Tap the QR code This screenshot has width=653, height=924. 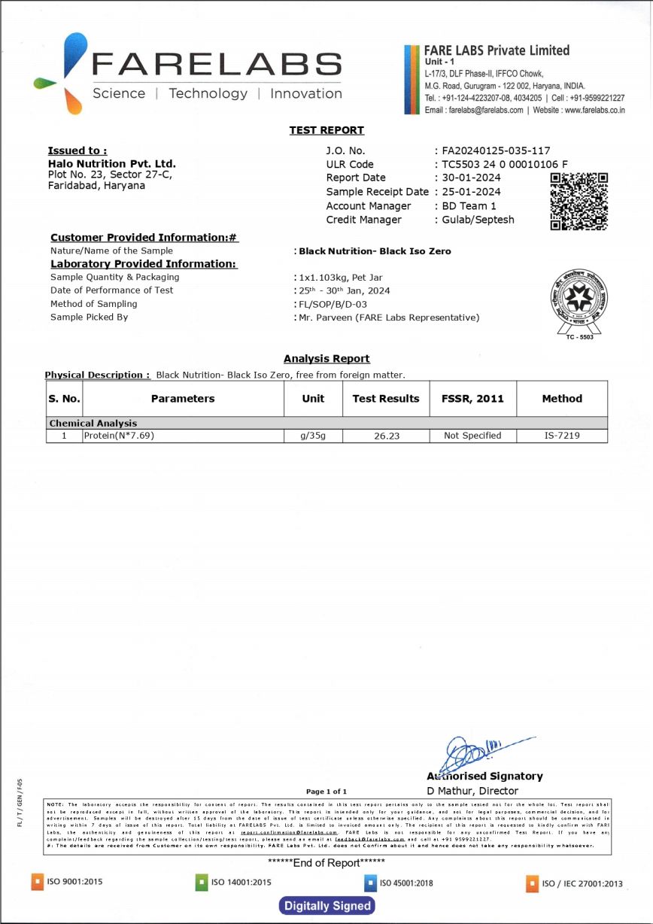(579, 201)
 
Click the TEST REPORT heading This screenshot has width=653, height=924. (326, 130)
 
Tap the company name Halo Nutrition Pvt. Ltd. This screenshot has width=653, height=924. (111, 163)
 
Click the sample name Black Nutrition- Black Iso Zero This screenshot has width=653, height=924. (375, 251)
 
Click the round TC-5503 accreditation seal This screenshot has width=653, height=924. (579, 300)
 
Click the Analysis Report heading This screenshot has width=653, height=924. (326, 359)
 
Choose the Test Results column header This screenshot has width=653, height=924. (386, 399)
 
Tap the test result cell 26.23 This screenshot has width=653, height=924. (386, 436)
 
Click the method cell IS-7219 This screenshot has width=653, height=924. (561, 435)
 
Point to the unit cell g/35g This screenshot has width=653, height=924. (313, 435)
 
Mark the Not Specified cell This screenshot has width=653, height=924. (472, 435)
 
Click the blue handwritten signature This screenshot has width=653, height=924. (481, 749)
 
